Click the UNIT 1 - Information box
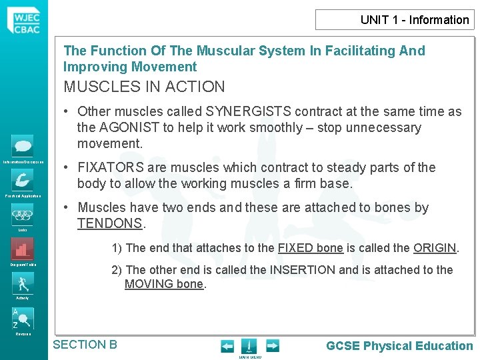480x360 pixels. point(395,19)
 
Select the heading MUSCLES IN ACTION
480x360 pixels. point(144,87)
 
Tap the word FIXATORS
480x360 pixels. point(111,167)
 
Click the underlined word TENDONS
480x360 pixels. point(110,223)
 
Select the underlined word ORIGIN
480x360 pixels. point(435,248)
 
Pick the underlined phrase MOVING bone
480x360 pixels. point(164,285)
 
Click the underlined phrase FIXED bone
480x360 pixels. point(310,248)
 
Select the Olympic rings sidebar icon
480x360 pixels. point(23,215)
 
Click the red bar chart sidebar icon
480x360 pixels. point(23,249)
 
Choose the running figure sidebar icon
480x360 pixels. point(23,283)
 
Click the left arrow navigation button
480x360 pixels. point(227,346)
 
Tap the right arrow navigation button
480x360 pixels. point(272,346)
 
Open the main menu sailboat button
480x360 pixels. point(249,346)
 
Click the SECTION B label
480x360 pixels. point(85,345)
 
